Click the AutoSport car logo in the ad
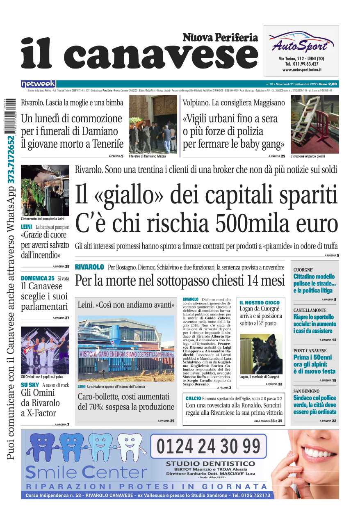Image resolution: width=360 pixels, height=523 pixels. (x=301, y=41)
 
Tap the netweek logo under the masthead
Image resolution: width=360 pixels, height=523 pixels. (x=38, y=84)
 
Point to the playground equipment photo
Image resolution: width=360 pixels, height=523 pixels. (x=314, y=124)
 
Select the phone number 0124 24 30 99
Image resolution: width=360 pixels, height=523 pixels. (x=208, y=445)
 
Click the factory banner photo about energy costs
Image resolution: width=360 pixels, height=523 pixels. (x=126, y=348)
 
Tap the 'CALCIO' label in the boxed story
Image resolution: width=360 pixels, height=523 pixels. (x=193, y=398)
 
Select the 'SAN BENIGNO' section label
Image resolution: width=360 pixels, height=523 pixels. (x=306, y=391)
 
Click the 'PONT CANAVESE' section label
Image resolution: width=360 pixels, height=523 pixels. (x=310, y=351)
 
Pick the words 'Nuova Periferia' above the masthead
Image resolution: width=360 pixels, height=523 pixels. (x=220, y=38)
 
